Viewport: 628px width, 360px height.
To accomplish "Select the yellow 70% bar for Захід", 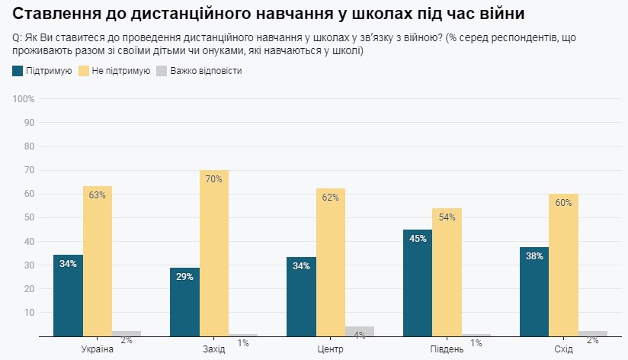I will (x=213, y=252).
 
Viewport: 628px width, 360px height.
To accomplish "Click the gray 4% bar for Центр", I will (x=360, y=331).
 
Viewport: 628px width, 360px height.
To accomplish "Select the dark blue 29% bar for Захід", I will (x=184, y=301).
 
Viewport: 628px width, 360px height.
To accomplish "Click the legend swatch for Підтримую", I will (x=18, y=71).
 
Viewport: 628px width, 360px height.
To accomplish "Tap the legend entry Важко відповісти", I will (x=206, y=71).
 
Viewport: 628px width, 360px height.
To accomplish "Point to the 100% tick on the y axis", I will (x=24, y=99).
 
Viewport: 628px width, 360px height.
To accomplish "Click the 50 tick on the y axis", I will (x=30, y=217).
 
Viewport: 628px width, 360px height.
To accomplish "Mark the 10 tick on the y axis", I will (x=30, y=312).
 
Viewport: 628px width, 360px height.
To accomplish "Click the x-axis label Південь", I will (x=446, y=349).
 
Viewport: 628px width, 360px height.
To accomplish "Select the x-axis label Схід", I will (x=562, y=349).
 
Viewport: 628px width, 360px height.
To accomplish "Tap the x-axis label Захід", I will (x=213, y=349).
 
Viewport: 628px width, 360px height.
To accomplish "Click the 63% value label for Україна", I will (x=97, y=195).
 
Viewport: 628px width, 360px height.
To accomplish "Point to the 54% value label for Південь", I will (x=446, y=217).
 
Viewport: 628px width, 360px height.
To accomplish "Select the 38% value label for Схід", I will (x=533, y=256).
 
